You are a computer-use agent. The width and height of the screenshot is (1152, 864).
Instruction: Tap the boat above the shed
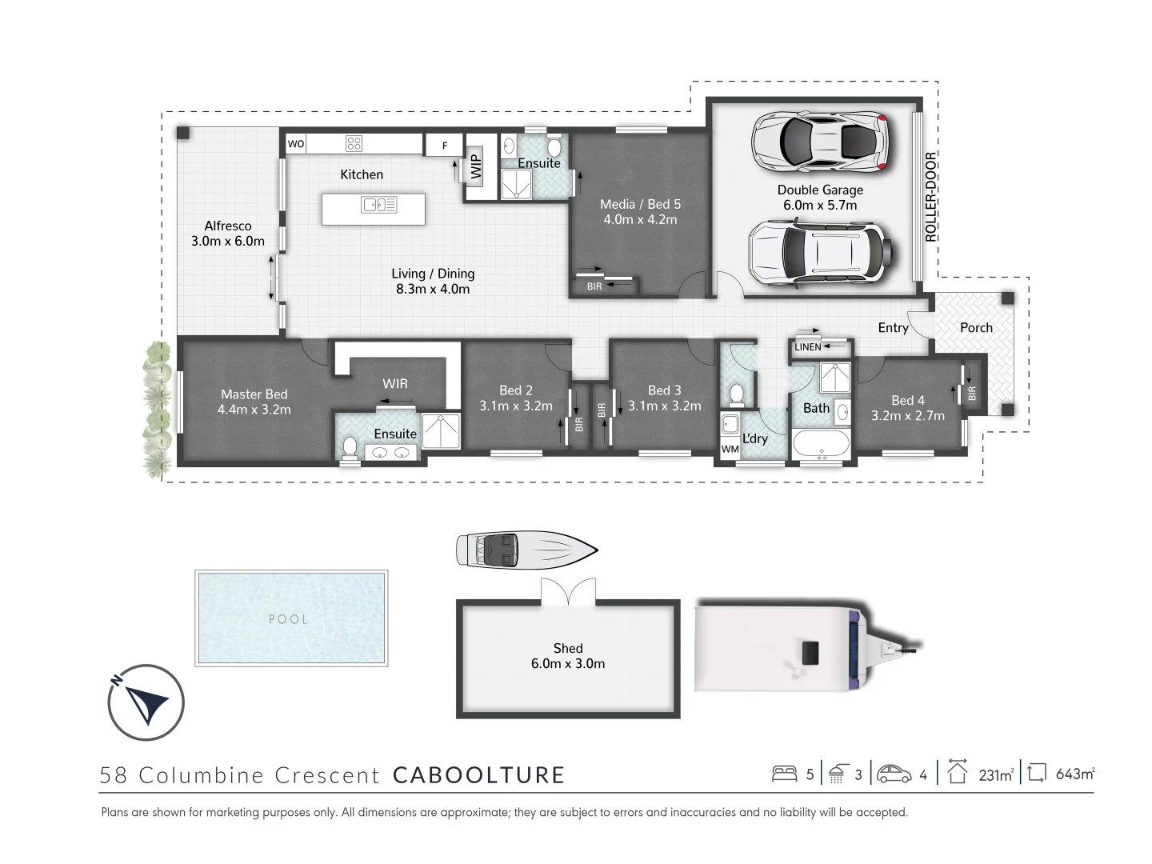[x=526, y=550]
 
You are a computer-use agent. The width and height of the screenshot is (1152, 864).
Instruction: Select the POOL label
[x=288, y=619]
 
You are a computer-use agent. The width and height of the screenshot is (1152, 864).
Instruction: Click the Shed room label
[x=568, y=656]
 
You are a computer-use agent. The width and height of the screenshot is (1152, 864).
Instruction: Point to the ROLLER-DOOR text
[x=930, y=197]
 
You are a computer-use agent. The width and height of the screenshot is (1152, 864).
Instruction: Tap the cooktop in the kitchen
[x=354, y=144]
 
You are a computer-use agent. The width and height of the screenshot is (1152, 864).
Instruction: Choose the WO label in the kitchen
[x=296, y=144]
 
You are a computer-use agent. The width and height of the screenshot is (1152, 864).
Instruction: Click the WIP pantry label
[x=476, y=167]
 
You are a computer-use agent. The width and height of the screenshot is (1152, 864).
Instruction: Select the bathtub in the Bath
[x=822, y=444]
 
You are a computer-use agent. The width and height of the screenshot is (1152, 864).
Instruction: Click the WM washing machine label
[x=730, y=450]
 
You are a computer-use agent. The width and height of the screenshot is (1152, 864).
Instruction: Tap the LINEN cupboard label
[x=808, y=347]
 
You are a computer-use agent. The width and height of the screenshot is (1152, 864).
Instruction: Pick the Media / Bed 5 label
[x=640, y=212]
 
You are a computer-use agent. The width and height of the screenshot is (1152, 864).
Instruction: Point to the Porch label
[x=976, y=328]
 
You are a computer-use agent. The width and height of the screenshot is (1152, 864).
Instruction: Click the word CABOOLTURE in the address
[x=479, y=775]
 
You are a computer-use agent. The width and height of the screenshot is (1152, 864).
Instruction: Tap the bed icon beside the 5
[x=785, y=774]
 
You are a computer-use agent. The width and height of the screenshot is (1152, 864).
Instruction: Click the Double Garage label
[x=820, y=198]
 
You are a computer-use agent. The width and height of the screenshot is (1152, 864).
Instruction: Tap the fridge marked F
[x=446, y=146]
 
